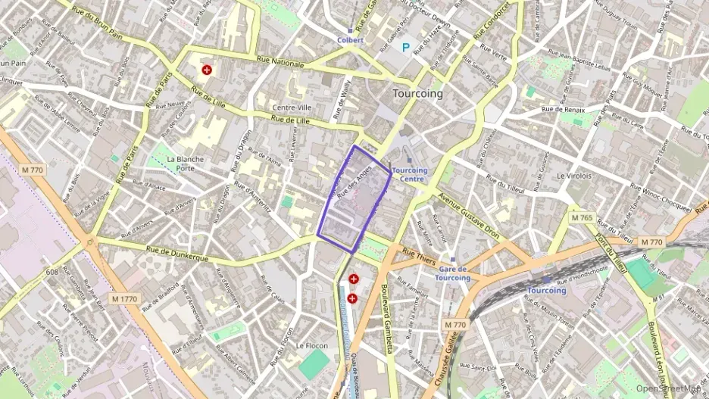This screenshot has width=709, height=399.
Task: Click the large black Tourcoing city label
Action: click(417, 94)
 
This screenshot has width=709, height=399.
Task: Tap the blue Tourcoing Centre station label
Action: click(410, 175)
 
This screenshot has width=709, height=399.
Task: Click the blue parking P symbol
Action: click(406, 48)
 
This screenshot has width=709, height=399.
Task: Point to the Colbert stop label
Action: click(351, 40)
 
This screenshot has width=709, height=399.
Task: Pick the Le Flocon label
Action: click(311, 345)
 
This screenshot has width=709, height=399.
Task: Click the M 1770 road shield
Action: click(124, 299)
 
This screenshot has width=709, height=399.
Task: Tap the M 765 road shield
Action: click(582, 218)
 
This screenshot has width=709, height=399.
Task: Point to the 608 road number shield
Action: click(52, 271)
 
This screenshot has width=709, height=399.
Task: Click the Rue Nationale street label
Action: click(280, 63)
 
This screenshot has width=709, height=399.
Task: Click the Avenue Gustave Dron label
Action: click(469, 216)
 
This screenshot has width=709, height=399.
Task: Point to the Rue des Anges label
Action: click(353, 182)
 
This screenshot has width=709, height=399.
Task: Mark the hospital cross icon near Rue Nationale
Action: click(207, 70)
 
